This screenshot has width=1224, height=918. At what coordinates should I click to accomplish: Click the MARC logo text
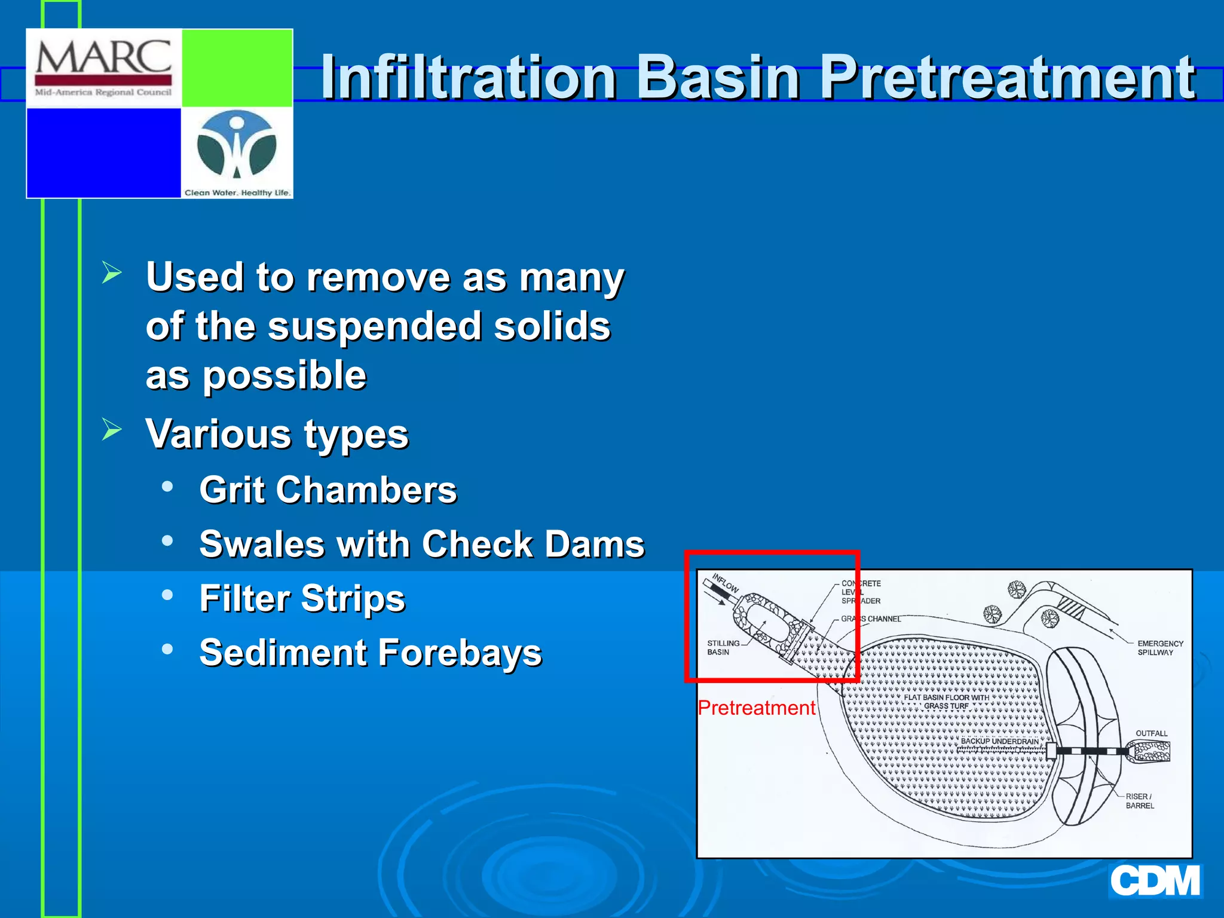click(x=103, y=59)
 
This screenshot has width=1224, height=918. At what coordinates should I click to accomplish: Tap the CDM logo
click(x=1155, y=882)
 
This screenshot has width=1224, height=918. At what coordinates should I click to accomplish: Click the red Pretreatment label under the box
click(x=756, y=708)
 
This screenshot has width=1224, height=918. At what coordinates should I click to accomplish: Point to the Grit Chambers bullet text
click(x=328, y=491)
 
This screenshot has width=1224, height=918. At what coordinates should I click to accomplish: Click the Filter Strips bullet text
click(x=302, y=599)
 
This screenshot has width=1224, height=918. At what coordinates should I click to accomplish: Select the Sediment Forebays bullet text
click(x=371, y=653)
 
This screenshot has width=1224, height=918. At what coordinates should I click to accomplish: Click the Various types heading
click(x=277, y=434)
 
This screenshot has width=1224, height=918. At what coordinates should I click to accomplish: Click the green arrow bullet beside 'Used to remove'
click(x=112, y=273)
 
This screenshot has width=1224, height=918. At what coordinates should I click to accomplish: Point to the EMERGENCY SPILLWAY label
click(x=1159, y=648)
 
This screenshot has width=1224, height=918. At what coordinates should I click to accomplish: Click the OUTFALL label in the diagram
click(x=1151, y=733)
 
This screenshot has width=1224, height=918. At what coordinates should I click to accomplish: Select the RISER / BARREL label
click(x=1139, y=801)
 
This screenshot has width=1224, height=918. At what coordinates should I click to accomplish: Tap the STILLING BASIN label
click(x=723, y=648)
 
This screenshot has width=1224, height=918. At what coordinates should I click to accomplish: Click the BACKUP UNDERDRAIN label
click(x=999, y=741)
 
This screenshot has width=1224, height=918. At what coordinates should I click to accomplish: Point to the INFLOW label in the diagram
click(x=726, y=583)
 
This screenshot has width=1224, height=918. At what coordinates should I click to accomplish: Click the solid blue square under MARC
click(x=104, y=152)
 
